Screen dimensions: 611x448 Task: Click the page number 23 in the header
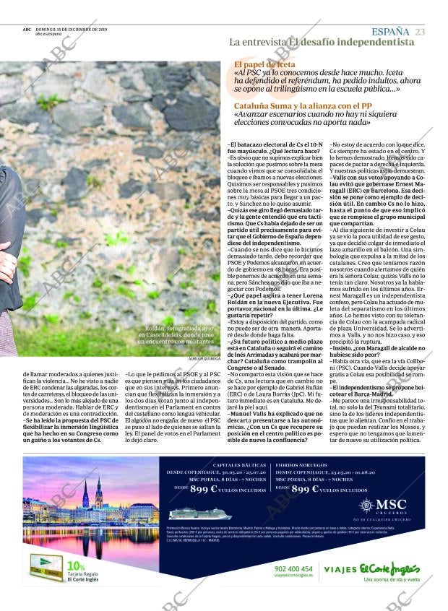421,31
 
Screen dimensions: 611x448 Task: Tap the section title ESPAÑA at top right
390,31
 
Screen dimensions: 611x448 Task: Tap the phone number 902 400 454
294,568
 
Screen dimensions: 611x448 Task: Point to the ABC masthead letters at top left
27,30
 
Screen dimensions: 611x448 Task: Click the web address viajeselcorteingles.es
294,576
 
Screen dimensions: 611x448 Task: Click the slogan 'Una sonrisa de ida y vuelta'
392,579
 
